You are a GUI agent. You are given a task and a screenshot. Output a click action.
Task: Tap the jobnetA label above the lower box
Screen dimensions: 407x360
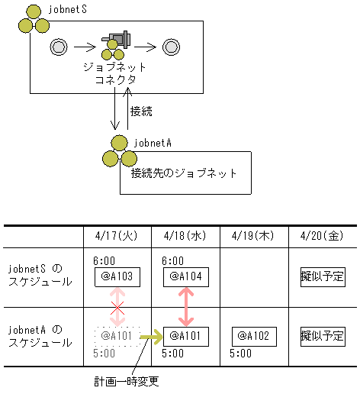tap(153, 141)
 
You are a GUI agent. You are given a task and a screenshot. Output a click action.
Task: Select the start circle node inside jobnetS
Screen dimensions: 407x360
tap(58, 47)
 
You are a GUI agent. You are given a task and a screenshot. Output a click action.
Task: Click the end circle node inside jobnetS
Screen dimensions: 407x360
tap(171, 47)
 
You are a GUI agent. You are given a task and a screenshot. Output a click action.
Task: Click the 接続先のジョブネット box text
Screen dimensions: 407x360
tap(184, 173)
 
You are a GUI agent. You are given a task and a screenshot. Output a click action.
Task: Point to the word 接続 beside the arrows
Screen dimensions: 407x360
tap(142, 111)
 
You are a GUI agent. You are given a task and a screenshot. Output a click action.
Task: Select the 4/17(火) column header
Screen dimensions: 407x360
tap(117, 237)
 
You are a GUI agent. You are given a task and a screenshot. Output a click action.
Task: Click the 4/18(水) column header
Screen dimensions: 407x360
tap(185, 237)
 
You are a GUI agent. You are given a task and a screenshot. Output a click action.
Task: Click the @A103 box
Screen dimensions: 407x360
tap(117, 276)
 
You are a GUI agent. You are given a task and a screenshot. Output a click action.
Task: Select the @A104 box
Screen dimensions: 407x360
tap(185, 276)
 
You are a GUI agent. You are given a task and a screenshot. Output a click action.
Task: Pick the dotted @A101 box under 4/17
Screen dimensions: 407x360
tap(117, 335)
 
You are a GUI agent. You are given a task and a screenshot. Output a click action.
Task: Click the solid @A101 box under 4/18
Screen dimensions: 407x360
tap(185, 335)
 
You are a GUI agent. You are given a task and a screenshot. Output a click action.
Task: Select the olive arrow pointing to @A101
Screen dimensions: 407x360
tap(152, 335)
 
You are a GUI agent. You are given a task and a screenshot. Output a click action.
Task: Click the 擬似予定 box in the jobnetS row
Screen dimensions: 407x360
tap(323, 276)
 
